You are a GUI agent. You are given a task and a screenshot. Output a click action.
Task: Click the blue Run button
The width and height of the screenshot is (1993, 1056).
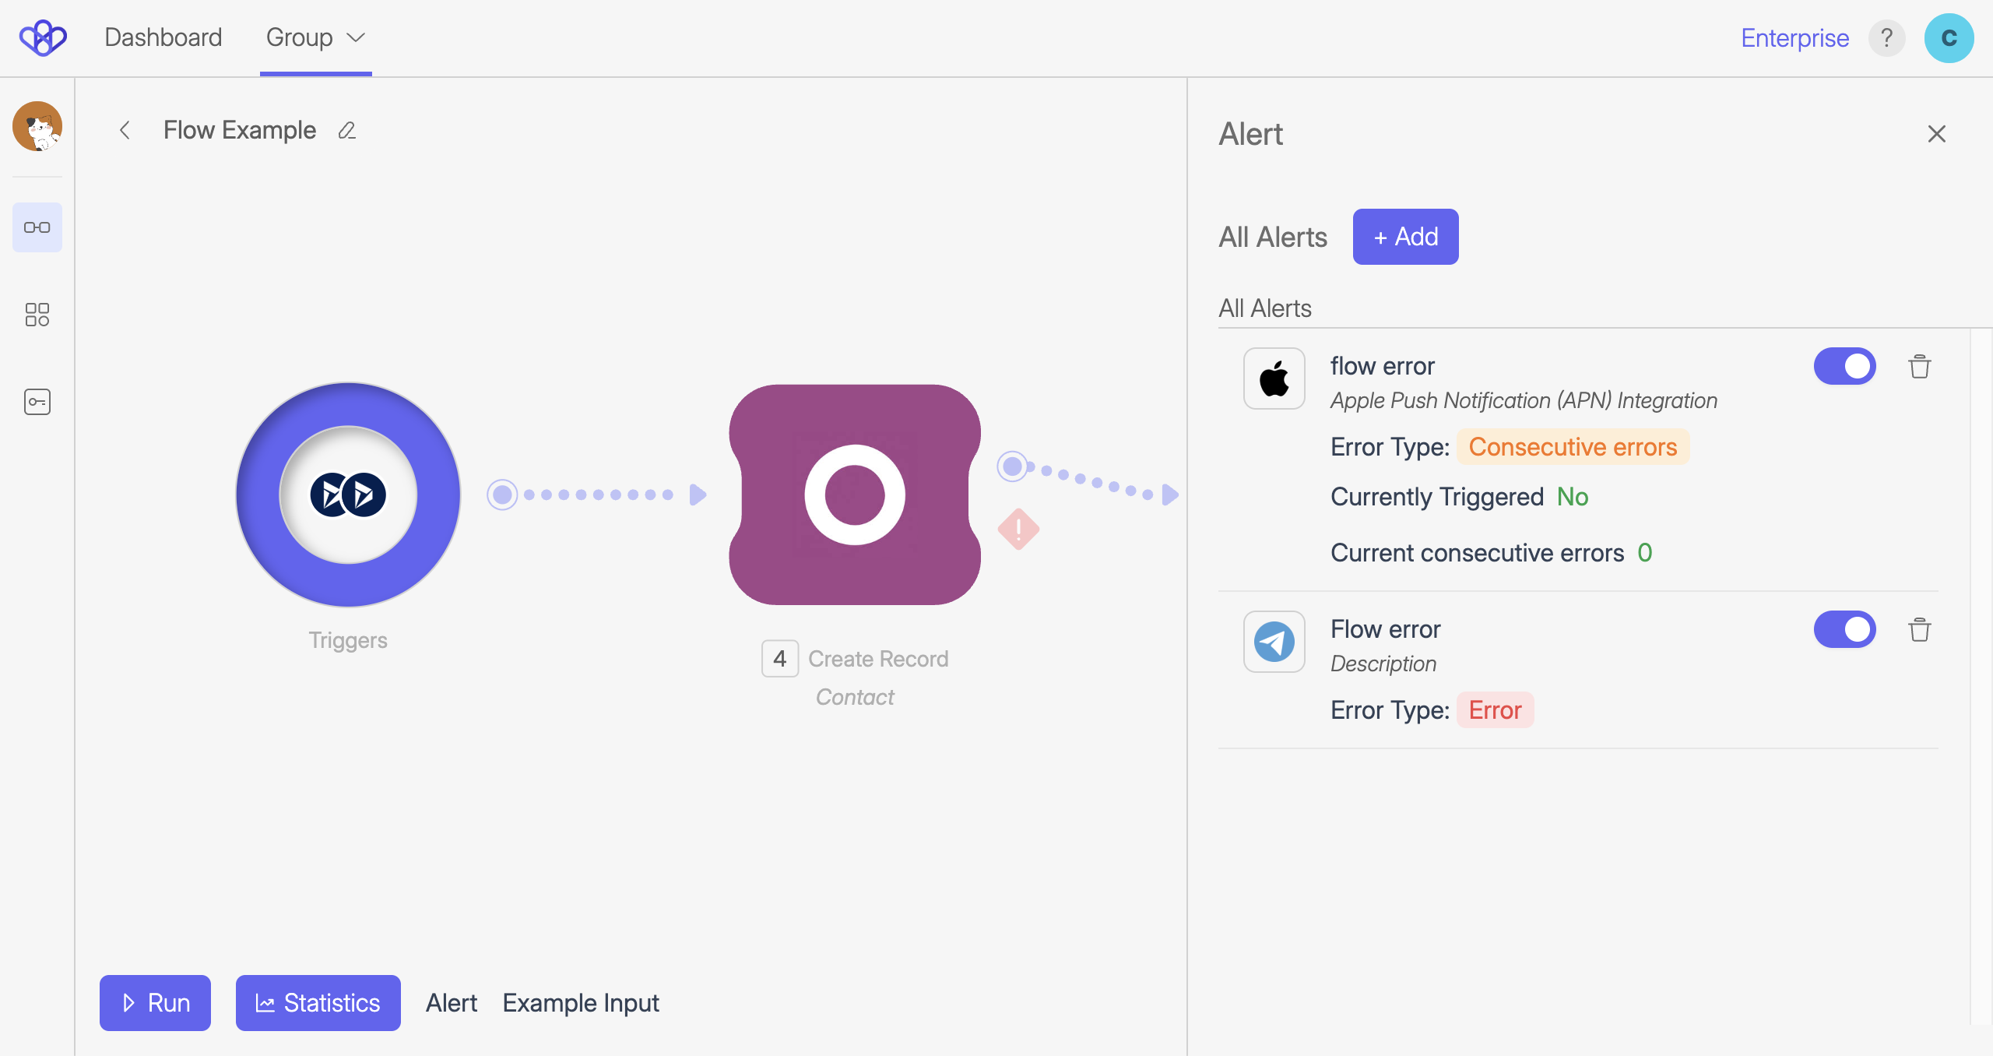click(155, 1002)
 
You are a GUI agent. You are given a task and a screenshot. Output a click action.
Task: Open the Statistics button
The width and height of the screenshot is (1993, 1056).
click(318, 1002)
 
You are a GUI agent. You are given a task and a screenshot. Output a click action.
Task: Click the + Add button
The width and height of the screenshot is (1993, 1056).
click(1405, 237)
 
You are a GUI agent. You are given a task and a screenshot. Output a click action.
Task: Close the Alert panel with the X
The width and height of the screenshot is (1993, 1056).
click(1936, 134)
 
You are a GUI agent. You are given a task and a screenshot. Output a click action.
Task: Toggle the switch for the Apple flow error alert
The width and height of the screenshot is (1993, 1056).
click(1844, 366)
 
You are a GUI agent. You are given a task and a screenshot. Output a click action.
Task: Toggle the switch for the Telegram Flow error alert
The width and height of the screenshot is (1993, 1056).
click(1844, 629)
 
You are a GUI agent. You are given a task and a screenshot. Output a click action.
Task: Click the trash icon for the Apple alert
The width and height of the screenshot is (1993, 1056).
click(1919, 366)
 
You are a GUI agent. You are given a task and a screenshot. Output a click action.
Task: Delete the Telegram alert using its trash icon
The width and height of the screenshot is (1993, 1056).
click(1919, 629)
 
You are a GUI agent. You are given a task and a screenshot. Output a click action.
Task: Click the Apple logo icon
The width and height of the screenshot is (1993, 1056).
click(1274, 379)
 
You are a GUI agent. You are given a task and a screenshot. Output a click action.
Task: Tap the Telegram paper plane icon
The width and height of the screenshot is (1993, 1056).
click(1274, 642)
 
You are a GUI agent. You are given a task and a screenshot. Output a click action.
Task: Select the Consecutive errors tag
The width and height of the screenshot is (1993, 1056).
click(1573, 447)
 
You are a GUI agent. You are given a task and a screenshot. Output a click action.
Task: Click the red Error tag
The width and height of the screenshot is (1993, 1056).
click(1495, 710)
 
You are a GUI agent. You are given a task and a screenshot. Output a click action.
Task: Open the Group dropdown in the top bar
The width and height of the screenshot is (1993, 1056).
click(315, 37)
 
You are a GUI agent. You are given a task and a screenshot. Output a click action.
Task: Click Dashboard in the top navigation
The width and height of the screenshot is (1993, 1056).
click(163, 37)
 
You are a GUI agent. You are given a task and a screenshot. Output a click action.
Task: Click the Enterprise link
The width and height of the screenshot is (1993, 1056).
click(1794, 37)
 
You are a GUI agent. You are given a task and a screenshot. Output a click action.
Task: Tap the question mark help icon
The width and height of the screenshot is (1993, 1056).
click(1886, 37)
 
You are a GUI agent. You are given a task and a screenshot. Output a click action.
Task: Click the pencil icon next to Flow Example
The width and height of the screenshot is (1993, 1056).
click(347, 131)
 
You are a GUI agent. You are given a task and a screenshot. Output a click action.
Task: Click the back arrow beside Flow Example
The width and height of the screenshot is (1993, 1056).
click(125, 131)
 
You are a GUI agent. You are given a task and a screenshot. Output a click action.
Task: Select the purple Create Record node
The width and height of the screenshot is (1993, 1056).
click(854, 495)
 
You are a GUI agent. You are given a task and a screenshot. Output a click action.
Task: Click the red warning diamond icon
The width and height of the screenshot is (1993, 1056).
click(1018, 530)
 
